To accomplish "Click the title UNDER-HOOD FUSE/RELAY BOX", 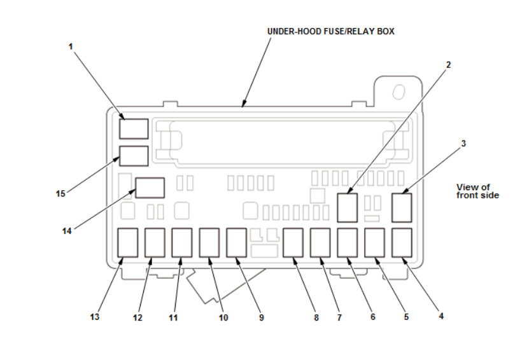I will (x=330, y=31).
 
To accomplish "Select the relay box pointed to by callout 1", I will (x=134, y=128).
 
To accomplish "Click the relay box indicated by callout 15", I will (x=134, y=156).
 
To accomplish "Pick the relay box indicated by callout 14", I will (x=150, y=188).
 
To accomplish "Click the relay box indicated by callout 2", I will (x=347, y=207).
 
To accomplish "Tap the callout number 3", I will (x=463, y=144).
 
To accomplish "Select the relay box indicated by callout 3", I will (x=402, y=207).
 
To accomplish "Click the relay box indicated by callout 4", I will (x=402, y=242).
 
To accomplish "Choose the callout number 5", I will (x=406, y=315).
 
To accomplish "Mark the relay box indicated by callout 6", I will (x=347, y=242).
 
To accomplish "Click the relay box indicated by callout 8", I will (x=293, y=242).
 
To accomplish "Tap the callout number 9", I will (x=261, y=317).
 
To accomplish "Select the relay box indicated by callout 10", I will (x=209, y=242).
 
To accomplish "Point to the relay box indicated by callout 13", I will (x=128, y=242).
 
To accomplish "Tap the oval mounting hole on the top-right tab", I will (x=400, y=91).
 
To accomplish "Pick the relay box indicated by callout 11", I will (x=181, y=242).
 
